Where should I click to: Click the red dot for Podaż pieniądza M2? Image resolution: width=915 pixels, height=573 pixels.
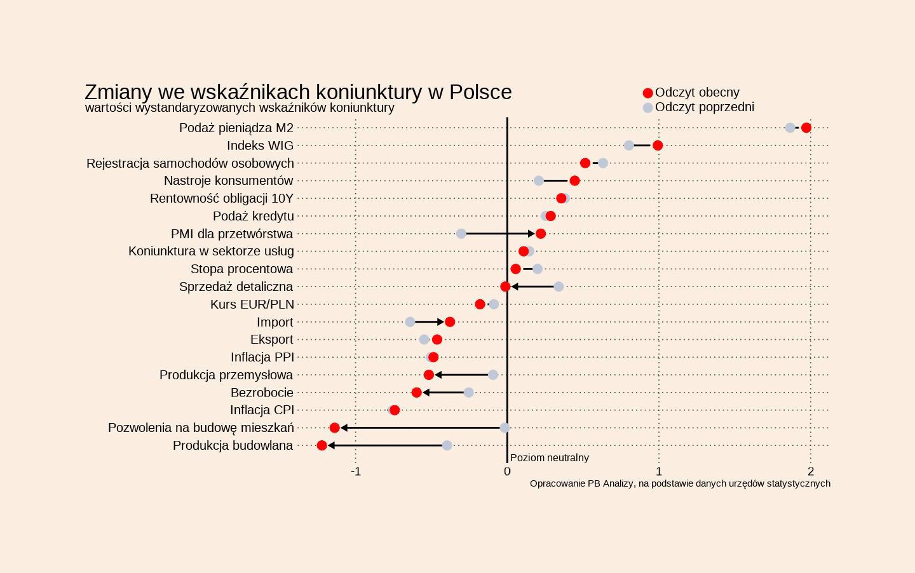click(x=806, y=128)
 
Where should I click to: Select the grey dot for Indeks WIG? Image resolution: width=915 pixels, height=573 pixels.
click(x=629, y=145)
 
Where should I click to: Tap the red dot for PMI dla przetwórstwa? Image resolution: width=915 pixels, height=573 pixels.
click(x=541, y=234)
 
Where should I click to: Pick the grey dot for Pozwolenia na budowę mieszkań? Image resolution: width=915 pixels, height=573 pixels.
click(x=505, y=428)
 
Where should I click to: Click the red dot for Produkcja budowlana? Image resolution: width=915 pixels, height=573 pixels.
click(x=322, y=445)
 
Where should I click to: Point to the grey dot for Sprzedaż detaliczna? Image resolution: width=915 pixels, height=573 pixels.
click(x=559, y=286)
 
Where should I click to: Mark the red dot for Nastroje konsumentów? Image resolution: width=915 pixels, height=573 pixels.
click(x=574, y=181)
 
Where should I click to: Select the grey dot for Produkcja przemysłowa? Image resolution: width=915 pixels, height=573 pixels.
click(x=493, y=375)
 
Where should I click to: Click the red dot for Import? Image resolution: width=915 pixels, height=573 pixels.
click(x=450, y=322)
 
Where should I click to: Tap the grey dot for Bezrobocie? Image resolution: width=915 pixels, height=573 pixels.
click(x=468, y=393)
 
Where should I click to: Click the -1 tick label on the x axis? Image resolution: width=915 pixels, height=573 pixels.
click(x=356, y=471)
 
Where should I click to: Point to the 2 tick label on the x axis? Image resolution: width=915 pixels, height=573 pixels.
click(x=811, y=471)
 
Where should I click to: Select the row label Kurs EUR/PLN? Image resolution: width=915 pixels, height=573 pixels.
click(x=252, y=304)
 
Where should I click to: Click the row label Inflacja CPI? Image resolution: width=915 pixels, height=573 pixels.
click(x=262, y=410)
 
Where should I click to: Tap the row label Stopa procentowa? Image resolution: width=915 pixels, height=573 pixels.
click(x=241, y=269)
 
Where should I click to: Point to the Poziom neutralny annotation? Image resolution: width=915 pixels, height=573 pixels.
click(x=550, y=457)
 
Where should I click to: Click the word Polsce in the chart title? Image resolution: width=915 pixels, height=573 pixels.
click(x=480, y=92)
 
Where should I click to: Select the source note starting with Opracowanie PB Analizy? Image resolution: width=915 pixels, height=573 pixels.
click(x=680, y=483)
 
